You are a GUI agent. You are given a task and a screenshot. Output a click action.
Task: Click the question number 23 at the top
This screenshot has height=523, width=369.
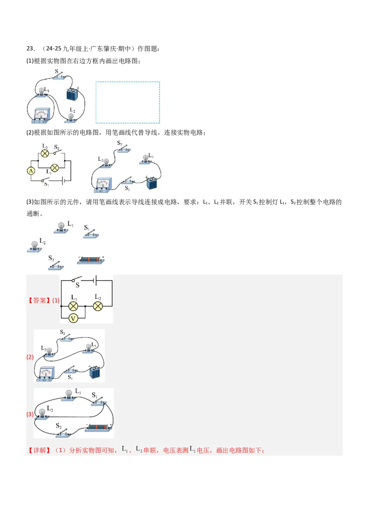click(x=30, y=49)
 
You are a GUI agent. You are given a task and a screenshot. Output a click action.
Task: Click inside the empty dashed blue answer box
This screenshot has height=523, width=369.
click(x=128, y=102)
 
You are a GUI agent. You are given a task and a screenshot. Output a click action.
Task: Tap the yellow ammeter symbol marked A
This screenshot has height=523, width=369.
click(x=31, y=171)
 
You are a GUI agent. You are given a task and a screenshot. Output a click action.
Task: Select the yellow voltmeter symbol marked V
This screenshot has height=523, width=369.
click(x=73, y=318)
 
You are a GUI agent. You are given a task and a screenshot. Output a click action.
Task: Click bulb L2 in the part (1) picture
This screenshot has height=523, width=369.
click(x=71, y=117)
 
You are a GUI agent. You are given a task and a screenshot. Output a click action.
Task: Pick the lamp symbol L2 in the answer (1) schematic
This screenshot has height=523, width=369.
click(x=98, y=306)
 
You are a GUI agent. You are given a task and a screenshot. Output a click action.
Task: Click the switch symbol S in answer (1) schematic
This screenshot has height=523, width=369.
click(x=77, y=279)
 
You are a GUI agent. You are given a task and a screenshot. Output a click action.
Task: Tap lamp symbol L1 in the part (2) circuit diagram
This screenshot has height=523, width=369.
click(x=54, y=168)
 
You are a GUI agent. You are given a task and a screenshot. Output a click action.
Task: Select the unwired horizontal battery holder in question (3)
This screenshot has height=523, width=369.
click(x=90, y=261)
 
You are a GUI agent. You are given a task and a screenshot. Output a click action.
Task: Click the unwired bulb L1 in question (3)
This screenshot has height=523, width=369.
click(x=61, y=228)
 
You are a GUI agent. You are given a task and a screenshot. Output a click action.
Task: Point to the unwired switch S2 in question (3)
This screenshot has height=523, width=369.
click(x=56, y=266)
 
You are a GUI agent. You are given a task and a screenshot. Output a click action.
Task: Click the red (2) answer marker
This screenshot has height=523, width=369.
click(x=30, y=357)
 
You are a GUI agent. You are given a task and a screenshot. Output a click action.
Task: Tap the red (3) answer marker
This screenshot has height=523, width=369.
click(x=30, y=414)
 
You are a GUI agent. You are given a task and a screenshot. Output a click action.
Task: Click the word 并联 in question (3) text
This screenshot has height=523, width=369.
click(x=226, y=202)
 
